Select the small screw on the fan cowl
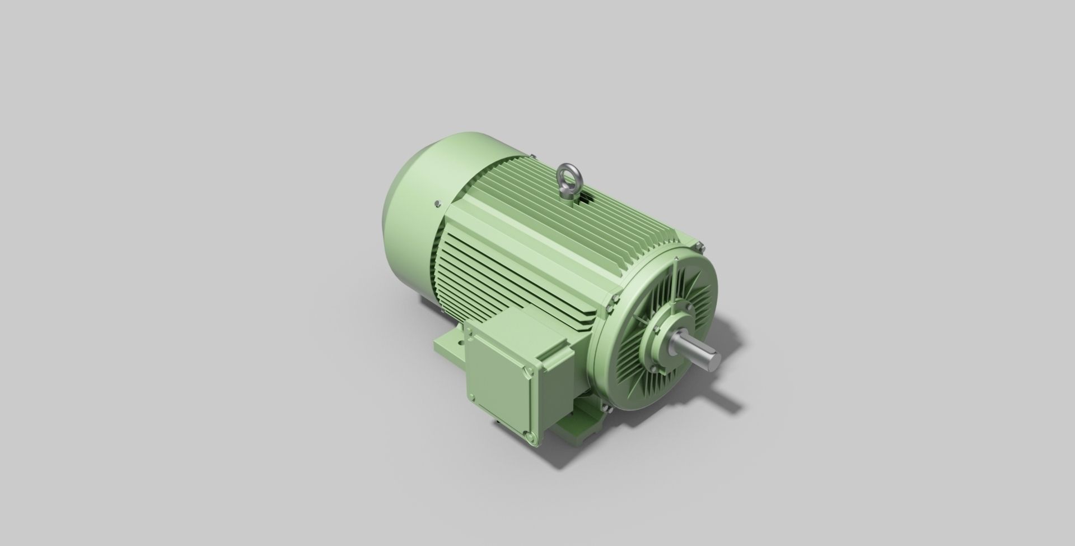(x=436, y=204)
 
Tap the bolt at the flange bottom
(x=607, y=410)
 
